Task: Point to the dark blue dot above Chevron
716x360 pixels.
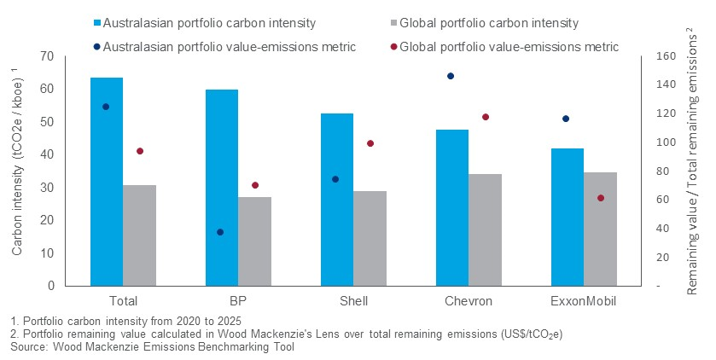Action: (451, 76)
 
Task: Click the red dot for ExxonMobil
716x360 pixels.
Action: (601, 198)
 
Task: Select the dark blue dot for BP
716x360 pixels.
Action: (220, 232)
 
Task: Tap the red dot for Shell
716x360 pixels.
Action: (370, 143)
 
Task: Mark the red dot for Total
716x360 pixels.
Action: (140, 151)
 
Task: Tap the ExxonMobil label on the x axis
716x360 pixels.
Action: (584, 301)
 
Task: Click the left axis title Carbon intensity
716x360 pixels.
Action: (17, 171)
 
